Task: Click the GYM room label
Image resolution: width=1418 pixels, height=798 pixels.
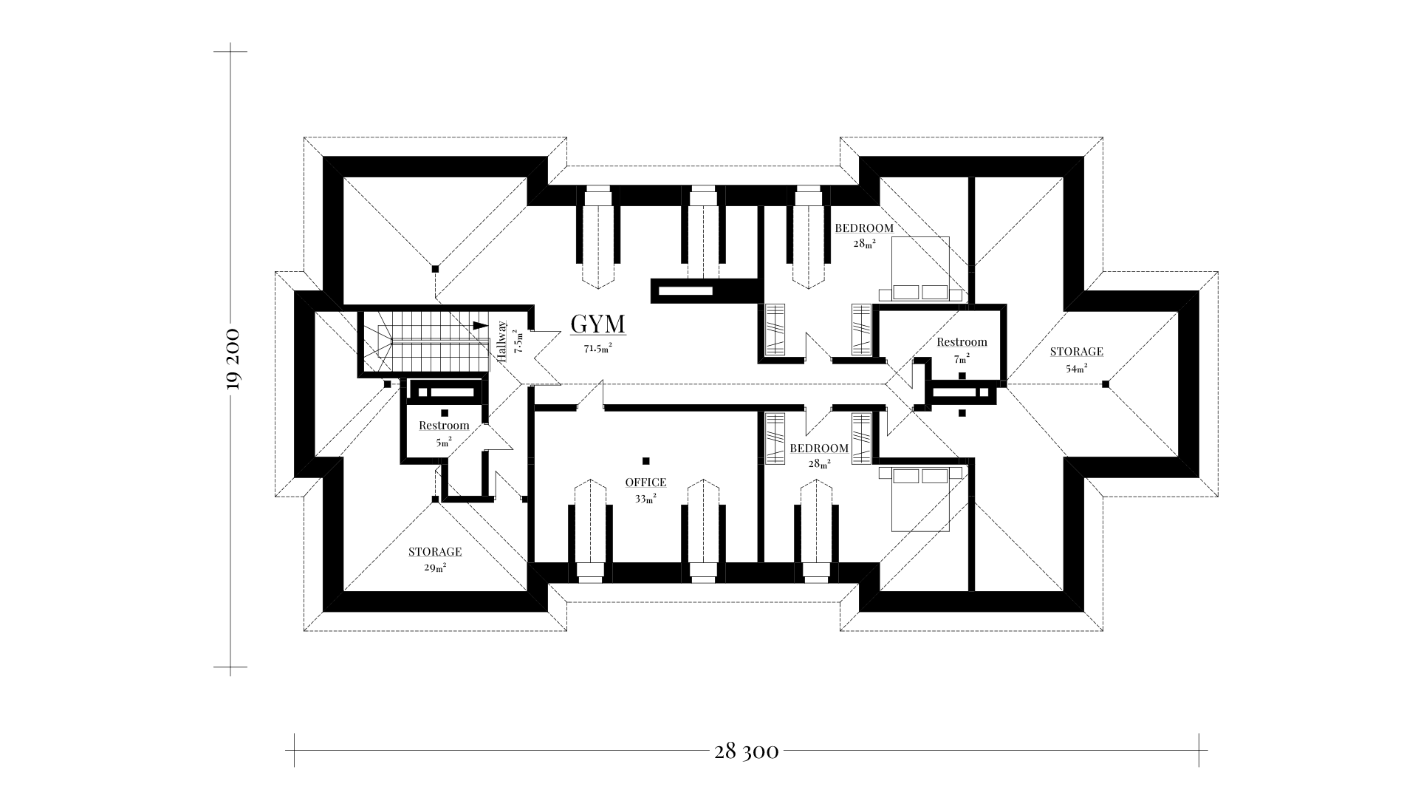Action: tap(598, 324)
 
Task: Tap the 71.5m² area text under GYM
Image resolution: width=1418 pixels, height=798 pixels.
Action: tap(598, 348)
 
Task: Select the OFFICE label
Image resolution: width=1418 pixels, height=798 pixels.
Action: tap(645, 482)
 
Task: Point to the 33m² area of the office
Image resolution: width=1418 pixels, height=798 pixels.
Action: tap(645, 499)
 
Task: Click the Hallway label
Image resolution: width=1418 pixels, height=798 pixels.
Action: tap(502, 341)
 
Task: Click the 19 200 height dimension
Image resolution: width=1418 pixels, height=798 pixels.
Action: tap(233, 358)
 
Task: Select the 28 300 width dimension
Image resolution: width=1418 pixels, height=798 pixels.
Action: tap(746, 752)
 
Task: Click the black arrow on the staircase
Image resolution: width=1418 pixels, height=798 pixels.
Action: tap(479, 325)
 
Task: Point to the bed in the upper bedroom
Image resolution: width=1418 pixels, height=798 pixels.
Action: tap(920, 269)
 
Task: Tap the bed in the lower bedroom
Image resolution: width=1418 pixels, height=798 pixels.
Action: tap(920, 499)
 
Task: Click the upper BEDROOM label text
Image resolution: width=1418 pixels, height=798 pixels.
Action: tap(864, 228)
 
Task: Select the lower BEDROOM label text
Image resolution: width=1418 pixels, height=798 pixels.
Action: tap(819, 449)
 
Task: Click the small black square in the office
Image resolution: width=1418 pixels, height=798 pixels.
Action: tap(646, 460)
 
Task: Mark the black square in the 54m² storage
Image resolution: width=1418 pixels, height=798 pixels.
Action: tap(1105, 384)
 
